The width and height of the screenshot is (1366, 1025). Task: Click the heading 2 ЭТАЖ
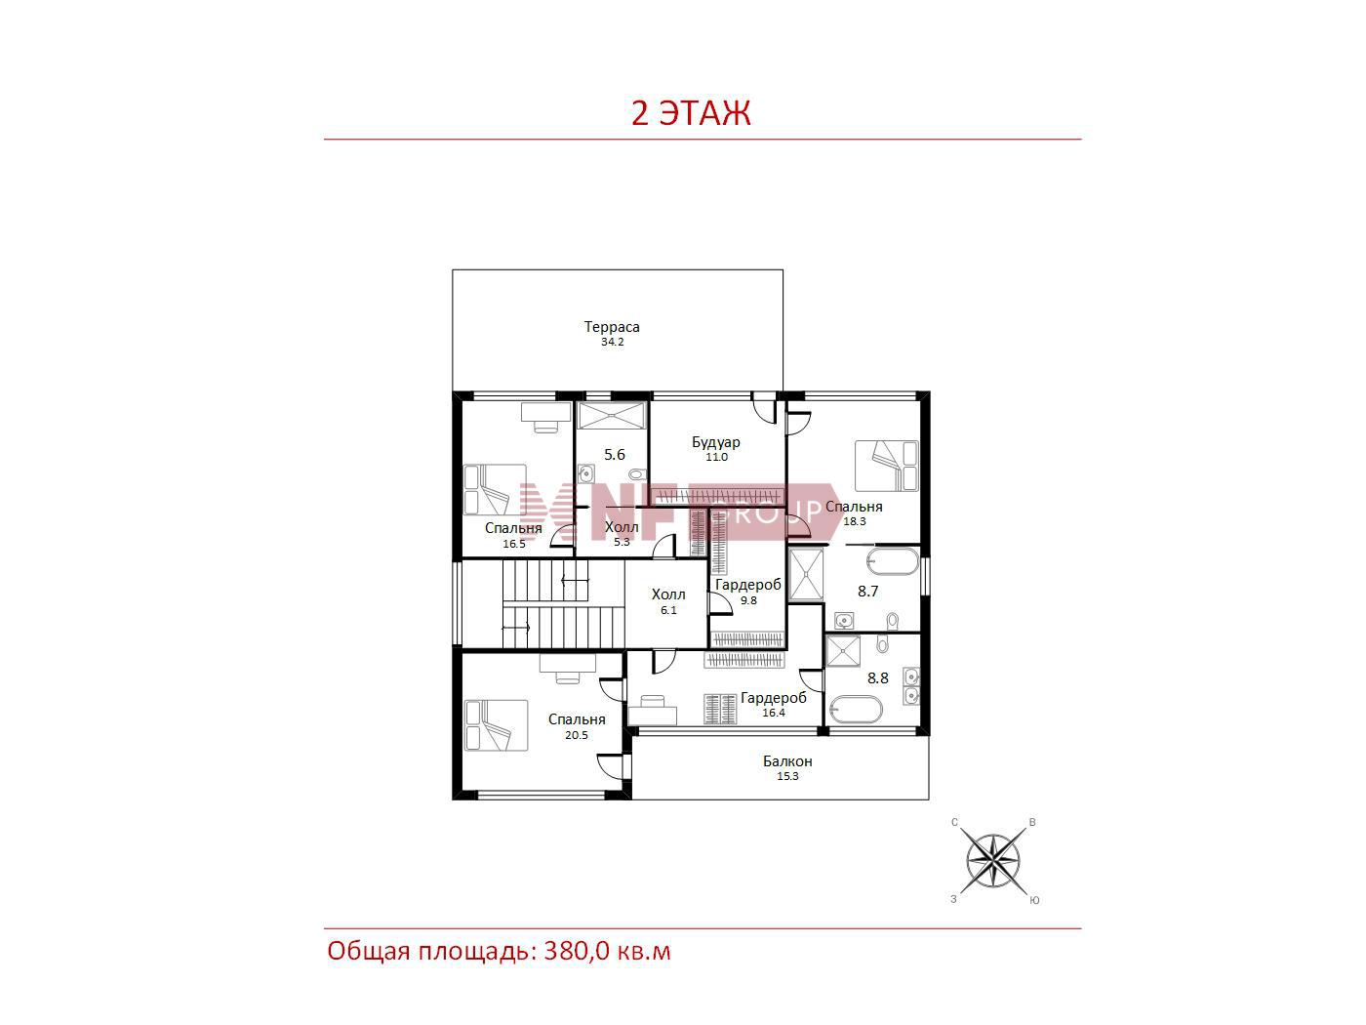coord(690,112)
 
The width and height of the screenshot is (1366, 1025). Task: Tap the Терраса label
coord(611,327)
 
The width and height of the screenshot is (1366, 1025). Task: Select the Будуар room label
coord(715,442)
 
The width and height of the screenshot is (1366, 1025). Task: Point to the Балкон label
coord(787,760)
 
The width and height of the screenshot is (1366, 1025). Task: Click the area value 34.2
coord(612,342)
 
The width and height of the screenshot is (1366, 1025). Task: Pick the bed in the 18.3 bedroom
coord(886,466)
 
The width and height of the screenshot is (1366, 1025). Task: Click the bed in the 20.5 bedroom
coord(496,725)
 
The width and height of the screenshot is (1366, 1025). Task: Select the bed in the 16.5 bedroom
coord(495,489)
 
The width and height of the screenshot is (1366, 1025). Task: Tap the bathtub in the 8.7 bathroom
coord(892,560)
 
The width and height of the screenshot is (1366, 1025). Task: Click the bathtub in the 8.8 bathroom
coord(855,709)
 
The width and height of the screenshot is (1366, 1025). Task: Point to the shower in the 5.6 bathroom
coord(612,415)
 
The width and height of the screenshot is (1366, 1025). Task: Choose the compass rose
coord(992,861)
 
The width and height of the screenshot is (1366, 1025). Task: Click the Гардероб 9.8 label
coord(747,592)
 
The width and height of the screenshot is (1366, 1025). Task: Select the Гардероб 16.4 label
coord(773,705)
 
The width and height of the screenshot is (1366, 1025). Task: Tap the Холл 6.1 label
coord(667,601)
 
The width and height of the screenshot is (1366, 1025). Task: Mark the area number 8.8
coord(877,677)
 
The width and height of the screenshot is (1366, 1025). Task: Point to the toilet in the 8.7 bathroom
coord(893,620)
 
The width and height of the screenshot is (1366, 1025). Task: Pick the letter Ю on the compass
coord(1034,900)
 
